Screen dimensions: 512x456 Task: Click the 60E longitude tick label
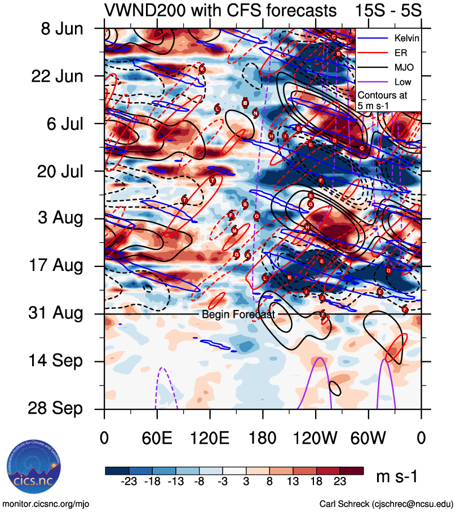[157, 437]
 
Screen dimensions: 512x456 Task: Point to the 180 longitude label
[262, 437]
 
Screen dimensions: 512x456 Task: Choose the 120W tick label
[316, 437]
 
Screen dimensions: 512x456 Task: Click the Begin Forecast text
[238, 314]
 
